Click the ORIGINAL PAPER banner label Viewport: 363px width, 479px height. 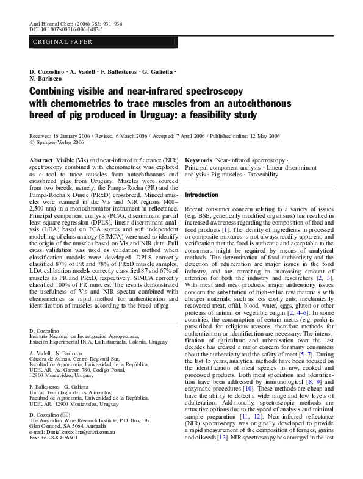click(x=62, y=42)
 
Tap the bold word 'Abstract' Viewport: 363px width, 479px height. click(x=41, y=159)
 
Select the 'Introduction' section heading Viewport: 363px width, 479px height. click(x=201, y=195)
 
